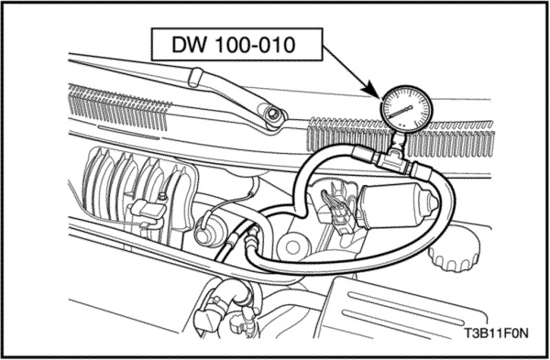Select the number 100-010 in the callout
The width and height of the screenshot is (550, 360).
[255, 45]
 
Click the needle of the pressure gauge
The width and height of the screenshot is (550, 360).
[401, 111]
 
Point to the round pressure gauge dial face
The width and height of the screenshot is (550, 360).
[406, 109]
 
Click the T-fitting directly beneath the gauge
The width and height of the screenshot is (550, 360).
[393, 158]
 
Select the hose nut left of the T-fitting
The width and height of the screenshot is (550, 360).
[362, 154]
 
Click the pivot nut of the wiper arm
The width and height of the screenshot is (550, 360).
[272, 115]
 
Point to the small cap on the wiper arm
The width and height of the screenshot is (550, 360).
[196, 77]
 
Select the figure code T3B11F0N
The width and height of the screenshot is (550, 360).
[496, 333]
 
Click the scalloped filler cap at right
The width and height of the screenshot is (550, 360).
[455, 251]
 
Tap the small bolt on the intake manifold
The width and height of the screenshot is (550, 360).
[162, 197]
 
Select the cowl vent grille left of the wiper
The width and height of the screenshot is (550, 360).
[118, 106]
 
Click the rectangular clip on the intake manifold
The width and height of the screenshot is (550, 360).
[148, 211]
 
